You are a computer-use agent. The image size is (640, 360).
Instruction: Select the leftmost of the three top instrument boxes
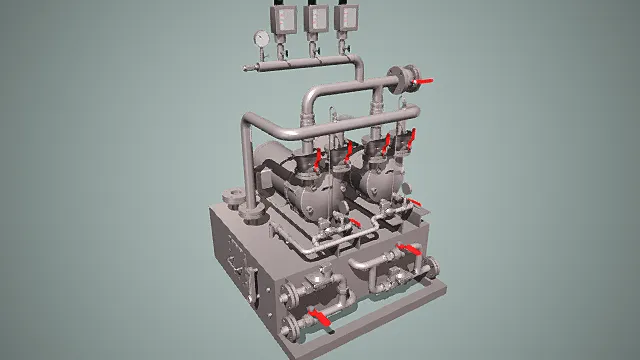[281, 17]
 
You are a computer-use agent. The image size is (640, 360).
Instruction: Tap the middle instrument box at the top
[315, 16]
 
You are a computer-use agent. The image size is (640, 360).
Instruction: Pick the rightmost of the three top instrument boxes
[348, 16]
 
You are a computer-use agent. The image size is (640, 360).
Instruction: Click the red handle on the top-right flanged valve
[425, 79]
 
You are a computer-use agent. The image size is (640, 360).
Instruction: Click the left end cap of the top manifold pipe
[244, 68]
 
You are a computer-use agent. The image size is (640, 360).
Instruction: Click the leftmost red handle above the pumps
[318, 158]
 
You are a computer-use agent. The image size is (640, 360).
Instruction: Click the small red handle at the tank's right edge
[416, 204]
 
